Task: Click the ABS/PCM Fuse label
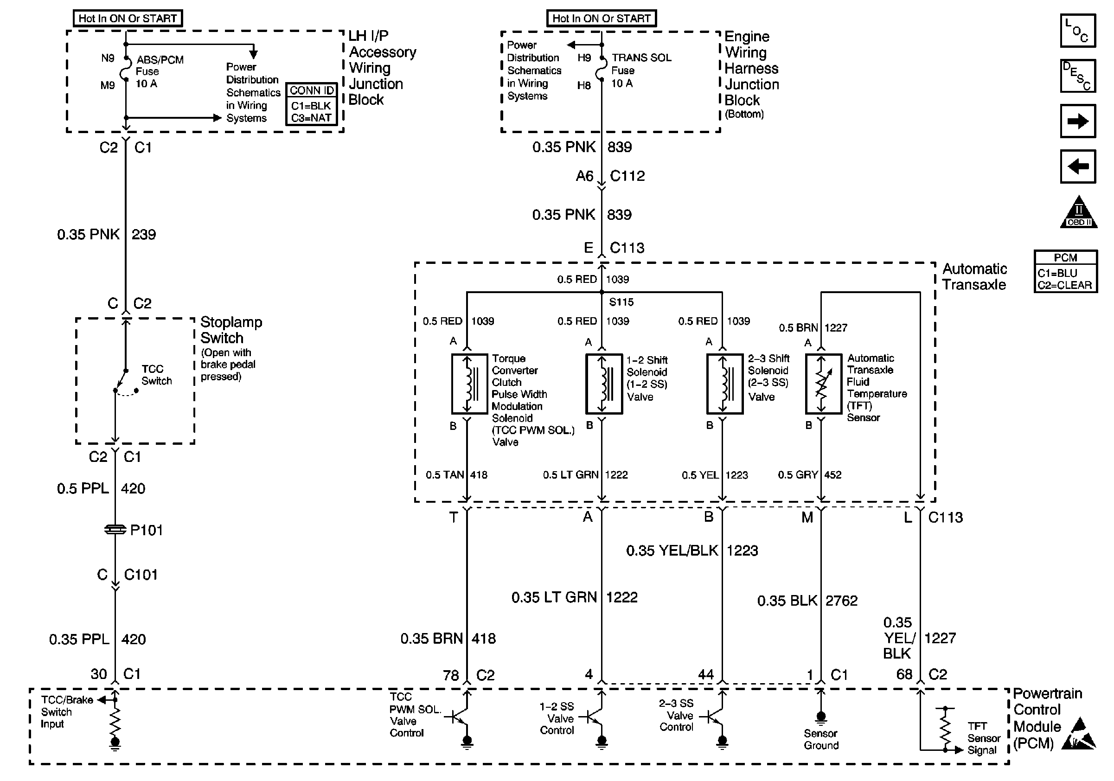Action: pyautogui.click(x=159, y=71)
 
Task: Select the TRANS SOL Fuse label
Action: pyautogui.click(x=640, y=70)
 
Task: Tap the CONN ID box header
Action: pyautogui.click(x=312, y=91)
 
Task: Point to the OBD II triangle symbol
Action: pyautogui.click(x=1078, y=213)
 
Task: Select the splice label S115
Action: pyautogui.click(x=621, y=302)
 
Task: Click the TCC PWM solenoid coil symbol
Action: pyautogui.click(x=469, y=384)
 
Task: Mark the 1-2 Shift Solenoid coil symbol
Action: pyautogui.click(x=603, y=384)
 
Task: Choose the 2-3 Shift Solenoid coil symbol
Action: pyautogui.click(x=724, y=384)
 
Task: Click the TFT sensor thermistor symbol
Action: pyautogui.click(x=823, y=384)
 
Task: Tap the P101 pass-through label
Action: pyautogui.click(x=146, y=530)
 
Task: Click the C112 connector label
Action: pyautogui.click(x=627, y=176)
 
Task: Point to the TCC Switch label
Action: pyautogui.click(x=156, y=375)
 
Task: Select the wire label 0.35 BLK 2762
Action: pyautogui.click(x=807, y=601)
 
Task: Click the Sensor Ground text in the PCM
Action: pyautogui.click(x=821, y=739)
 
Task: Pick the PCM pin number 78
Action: pyautogui.click(x=451, y=675)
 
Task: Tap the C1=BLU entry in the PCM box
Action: pyautogui.click(x=1058, y=273)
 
